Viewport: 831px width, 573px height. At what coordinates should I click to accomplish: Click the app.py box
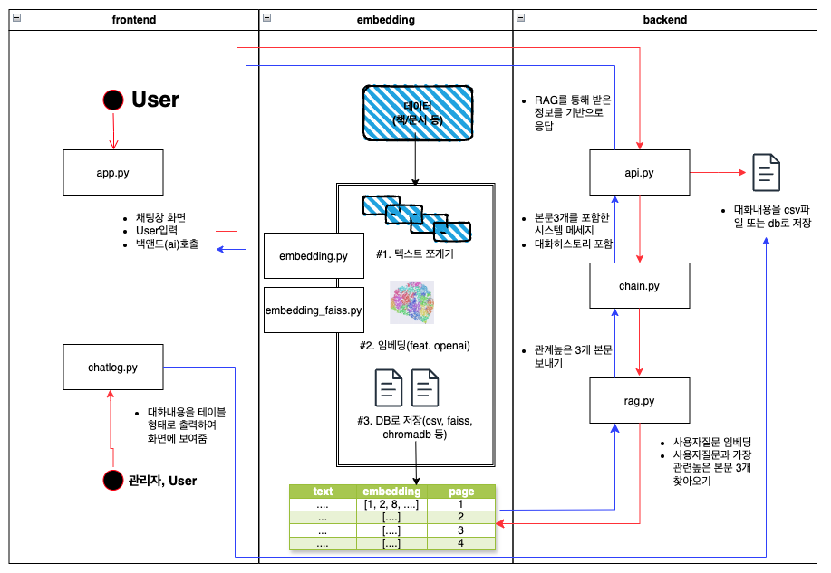click(x=114, y=172)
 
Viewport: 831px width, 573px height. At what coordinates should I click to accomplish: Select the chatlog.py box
click(x=114, y=367)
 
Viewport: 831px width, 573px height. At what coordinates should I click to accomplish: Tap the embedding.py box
click(x=314, y=256)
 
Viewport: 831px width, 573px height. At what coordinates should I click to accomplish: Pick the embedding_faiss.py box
click(x=314, y=310)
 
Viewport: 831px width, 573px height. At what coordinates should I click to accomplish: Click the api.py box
click(x=641, y=172)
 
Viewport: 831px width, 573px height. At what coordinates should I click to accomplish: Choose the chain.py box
click(x=641, y=286)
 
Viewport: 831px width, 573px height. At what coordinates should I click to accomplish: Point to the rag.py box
click(x=641, y=401)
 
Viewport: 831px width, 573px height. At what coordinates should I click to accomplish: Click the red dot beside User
click(x=113, y=100)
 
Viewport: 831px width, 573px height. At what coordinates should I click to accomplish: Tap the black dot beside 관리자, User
click(x=113, y=480)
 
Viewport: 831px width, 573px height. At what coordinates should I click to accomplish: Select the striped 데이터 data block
click(x=416, y=113)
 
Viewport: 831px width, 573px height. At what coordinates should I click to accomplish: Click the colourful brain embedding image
click(x=411, y=302)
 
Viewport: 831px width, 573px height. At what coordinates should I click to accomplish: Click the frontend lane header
click(x=133, y=19)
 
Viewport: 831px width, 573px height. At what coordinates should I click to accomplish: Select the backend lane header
click(x=665, y=19)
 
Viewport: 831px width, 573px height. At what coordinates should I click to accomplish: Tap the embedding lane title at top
click(x=386, y=19)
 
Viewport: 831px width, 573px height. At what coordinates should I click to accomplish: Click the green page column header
click(x=461, y=492)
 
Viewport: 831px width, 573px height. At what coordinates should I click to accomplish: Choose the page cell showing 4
click(x=461, y=543)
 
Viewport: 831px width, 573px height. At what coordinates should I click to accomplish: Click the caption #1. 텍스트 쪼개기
click(x=415, y=254)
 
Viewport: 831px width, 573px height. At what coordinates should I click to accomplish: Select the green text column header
click(x=323, y=492)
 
